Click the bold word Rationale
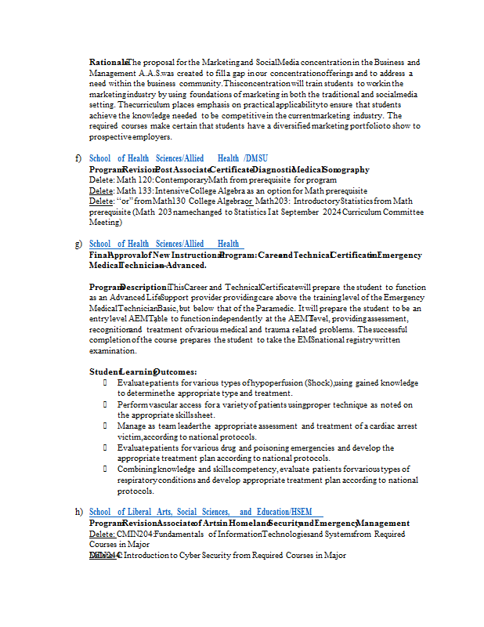pyautogui.click(x=108, y=63)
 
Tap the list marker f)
pyautogui.click(x=78, y=158)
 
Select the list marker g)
pyautogui.click(x=78, y=245)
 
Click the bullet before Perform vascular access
pyautogui.click(x=105, y=404)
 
